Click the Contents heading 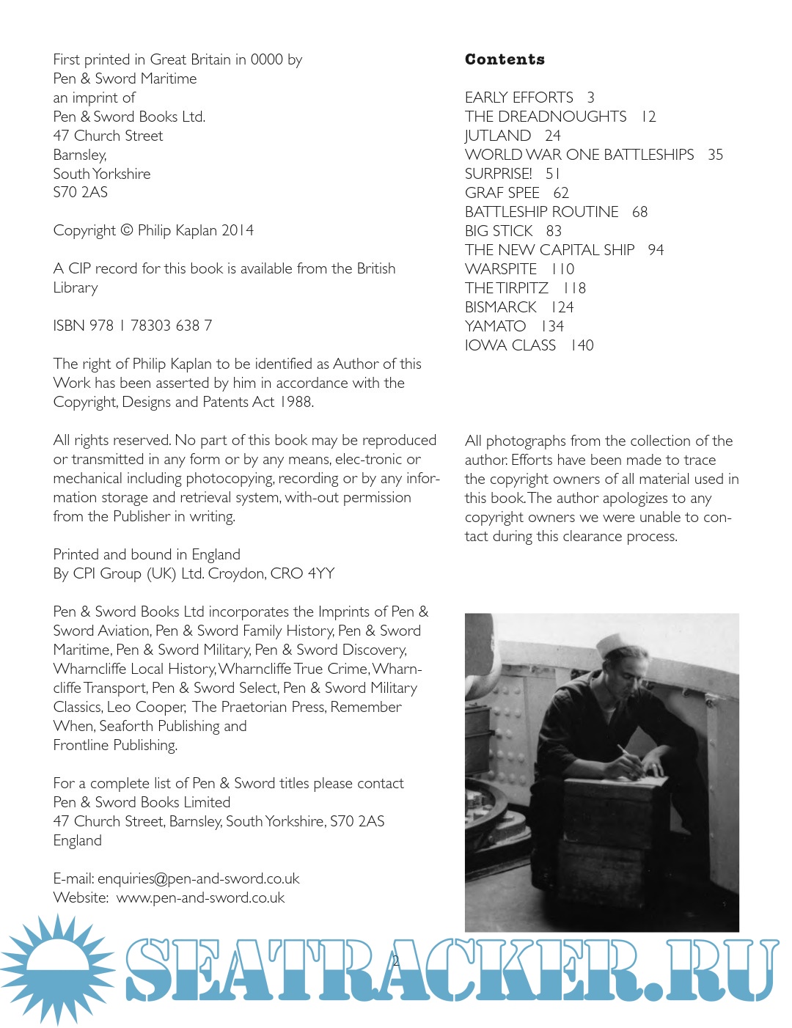coord(505,59)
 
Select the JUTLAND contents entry coord(498,136)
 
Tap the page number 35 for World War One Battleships coord(715,155)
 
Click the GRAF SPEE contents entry coord(502,193)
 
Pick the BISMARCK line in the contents coord(501,307)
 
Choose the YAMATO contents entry coord(496,326)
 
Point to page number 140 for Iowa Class coord(582,345)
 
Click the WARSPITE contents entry coord(501,269)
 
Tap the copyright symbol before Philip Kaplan coord(126,230)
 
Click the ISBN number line coord(133,326)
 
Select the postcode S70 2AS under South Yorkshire coord(81,192)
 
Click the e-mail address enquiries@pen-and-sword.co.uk coord(199,878)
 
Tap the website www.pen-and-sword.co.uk coord(200,897)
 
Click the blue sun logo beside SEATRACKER coord(57,969)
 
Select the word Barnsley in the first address coord(79,155)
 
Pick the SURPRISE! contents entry coord(499,174)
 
